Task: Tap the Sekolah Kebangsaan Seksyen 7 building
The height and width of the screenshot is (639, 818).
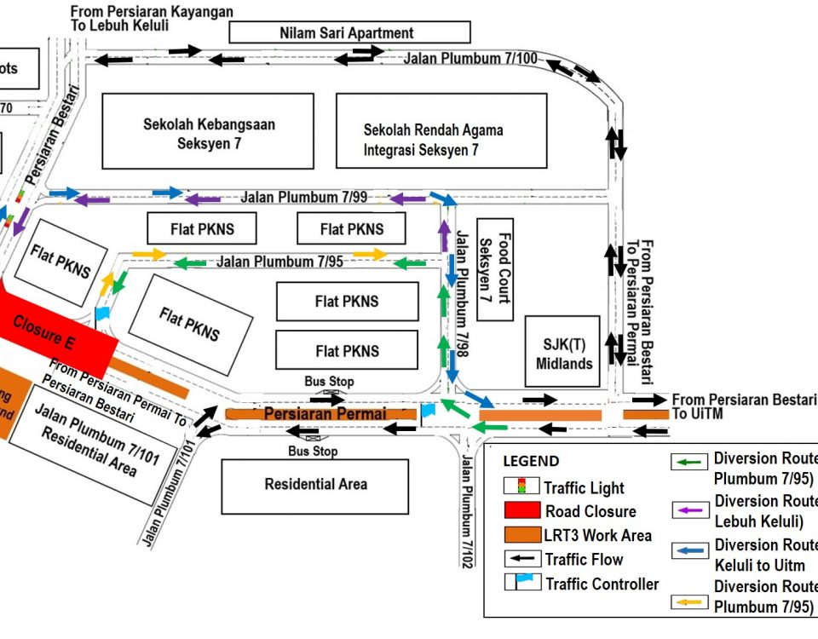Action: (209, 132)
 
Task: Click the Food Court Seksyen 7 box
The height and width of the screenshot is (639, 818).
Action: (494, 269)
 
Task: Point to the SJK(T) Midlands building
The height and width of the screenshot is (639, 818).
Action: (562, 350)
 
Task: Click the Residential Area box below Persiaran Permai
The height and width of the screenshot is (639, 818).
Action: (315, 485)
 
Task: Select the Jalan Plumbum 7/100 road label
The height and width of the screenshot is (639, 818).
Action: (470, 59)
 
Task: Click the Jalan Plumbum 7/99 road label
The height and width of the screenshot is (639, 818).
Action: (303, 198)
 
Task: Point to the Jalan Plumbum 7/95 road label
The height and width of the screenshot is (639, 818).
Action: (279, 262)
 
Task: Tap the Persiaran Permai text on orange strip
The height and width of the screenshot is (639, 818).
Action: (325, 413)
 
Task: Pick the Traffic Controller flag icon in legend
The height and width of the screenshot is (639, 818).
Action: (521, 584)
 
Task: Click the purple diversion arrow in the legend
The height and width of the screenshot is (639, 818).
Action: (691, 510)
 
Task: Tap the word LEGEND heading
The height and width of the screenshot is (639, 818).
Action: (531, 462)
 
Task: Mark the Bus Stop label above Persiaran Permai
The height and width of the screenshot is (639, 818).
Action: (329, 382)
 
